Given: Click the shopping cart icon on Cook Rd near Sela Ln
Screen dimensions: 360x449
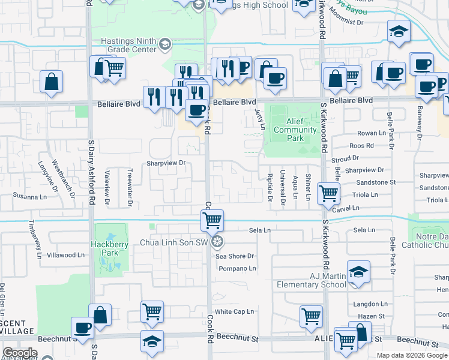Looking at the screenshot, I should click(x=212, y=220).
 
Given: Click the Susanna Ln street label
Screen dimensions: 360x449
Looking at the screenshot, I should click(x=31, y=196).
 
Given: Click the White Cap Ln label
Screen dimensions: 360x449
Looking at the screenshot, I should click(x=235, y=311).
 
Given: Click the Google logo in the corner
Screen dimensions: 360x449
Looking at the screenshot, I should click(x=19, y=353).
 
